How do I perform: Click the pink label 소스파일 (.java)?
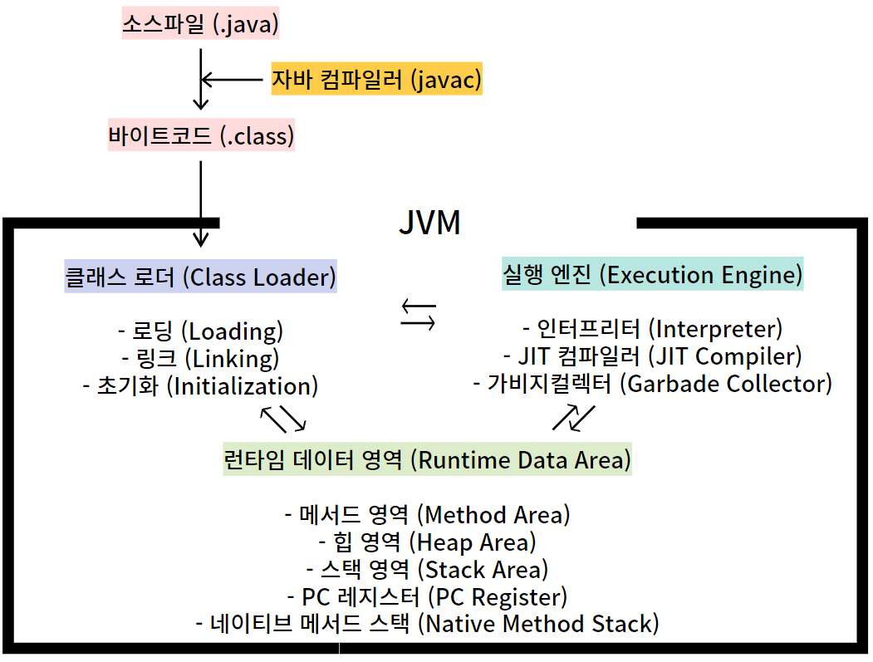(200, 24)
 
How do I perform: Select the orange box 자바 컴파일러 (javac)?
(376, 80)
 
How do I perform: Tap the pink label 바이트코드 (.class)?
(201, 135)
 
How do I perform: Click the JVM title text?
(429, 223)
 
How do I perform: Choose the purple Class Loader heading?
(200, 277)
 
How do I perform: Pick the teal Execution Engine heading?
(653, 274)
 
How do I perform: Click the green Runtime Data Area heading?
(428, 459)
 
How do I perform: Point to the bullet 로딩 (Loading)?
(200, 331)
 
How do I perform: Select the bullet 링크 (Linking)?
(200, 359)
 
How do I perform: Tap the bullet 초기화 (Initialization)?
(200, 386)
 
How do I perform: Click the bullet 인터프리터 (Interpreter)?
(652, 329)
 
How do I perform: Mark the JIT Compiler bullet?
(652, 356)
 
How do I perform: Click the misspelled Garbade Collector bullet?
(652, 384)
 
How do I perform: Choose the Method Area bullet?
(427, 515)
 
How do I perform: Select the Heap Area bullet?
(427, 542)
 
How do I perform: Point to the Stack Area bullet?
(427, 570)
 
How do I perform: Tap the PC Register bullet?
(427, 596)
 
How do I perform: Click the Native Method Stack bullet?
(427, 624)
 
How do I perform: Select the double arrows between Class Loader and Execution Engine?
(418, 314)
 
